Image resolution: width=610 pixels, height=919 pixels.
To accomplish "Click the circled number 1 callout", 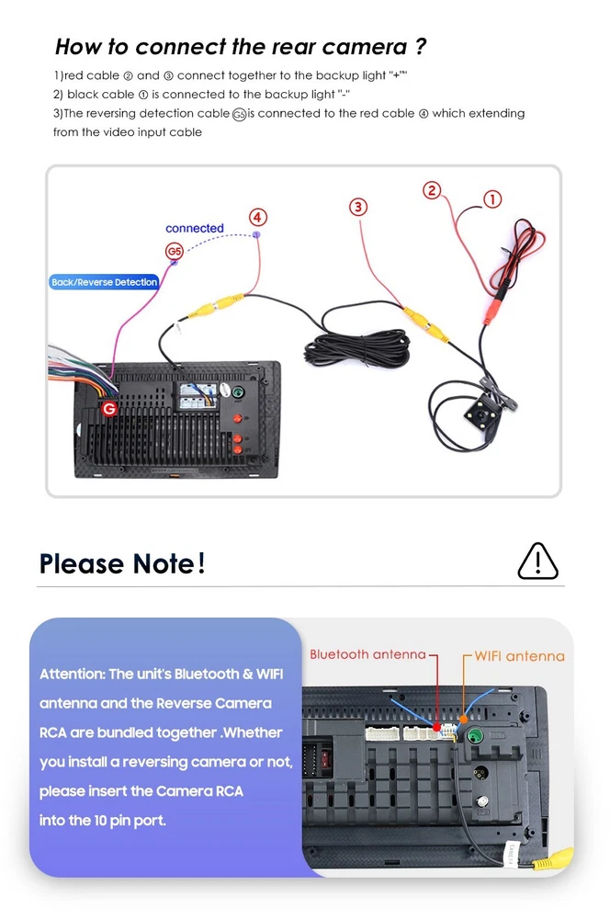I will click(492, 199).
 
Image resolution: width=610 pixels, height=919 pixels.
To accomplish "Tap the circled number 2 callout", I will click(432, 190).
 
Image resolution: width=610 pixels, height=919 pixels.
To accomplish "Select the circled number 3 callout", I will click(358, 207).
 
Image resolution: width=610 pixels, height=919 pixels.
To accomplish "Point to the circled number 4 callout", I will click(258, 218).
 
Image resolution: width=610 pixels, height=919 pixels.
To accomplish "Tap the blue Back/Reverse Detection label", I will click(104, 282).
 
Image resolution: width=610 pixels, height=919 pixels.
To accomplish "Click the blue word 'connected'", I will click(195, 228).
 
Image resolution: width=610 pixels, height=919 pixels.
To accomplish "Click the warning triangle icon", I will click(537, 561).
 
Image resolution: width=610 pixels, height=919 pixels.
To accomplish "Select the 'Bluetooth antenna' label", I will click(367, 654).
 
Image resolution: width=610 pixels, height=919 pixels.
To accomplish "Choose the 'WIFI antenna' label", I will click(519, 656).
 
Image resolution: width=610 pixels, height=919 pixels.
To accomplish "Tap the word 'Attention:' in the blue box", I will click(72, 674).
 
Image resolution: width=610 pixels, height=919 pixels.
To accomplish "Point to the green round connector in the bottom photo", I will click(476, 735).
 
